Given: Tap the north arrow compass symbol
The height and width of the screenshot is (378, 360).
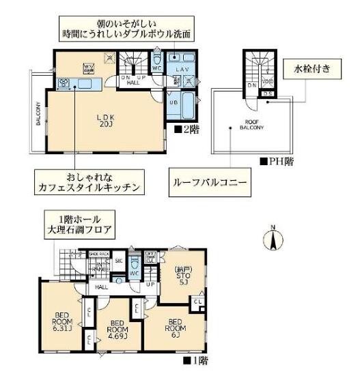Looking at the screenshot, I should coord(273,240).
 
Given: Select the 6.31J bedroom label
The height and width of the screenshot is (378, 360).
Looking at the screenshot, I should coord(62,319).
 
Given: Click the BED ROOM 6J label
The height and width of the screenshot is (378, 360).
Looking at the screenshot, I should coord(176,328).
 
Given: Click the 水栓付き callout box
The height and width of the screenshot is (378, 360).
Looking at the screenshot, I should coord(312,69).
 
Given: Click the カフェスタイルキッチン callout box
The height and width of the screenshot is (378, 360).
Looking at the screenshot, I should coord(94,180).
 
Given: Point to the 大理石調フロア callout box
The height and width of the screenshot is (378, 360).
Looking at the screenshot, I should coord(81,225).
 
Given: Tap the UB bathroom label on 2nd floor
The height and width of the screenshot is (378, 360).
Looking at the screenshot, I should coord(174,102).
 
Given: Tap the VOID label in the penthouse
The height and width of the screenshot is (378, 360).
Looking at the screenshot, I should coord(268,83).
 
